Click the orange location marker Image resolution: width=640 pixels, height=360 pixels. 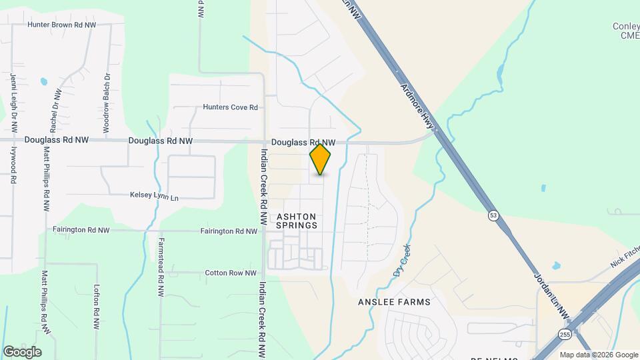[x=321, y=159]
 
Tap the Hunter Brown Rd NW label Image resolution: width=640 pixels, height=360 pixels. [x=62, y=25]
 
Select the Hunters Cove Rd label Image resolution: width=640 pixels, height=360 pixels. [x=230, y=107]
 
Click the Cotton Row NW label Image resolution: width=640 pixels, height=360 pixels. [x=231, y=273]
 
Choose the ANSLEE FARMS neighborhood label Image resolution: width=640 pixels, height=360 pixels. [x=393, y=302]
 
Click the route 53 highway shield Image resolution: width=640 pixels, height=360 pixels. [x=493, y=215]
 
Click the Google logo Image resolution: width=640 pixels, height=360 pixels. [x=22, y=351]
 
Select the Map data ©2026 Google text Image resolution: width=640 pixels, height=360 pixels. [x=598, y=355]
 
